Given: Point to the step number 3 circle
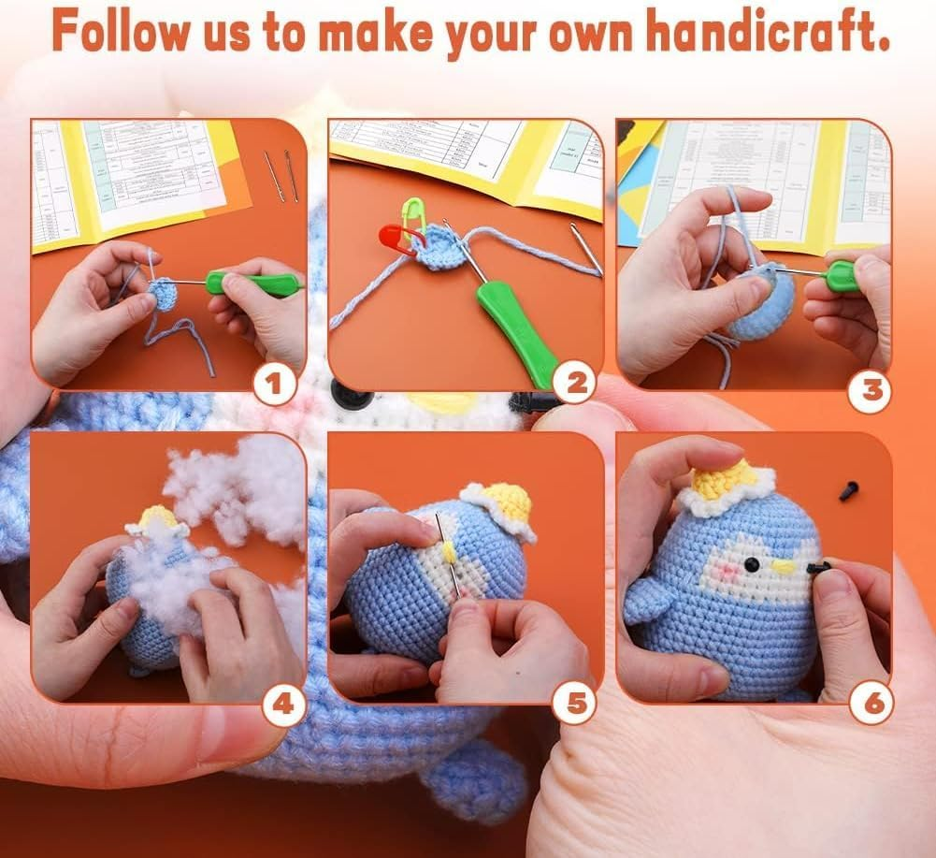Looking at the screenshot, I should [870, 388].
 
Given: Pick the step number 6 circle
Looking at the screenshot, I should [871, 704].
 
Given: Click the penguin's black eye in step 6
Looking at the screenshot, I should [749, 566].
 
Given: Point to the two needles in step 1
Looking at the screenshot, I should [280, 175].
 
